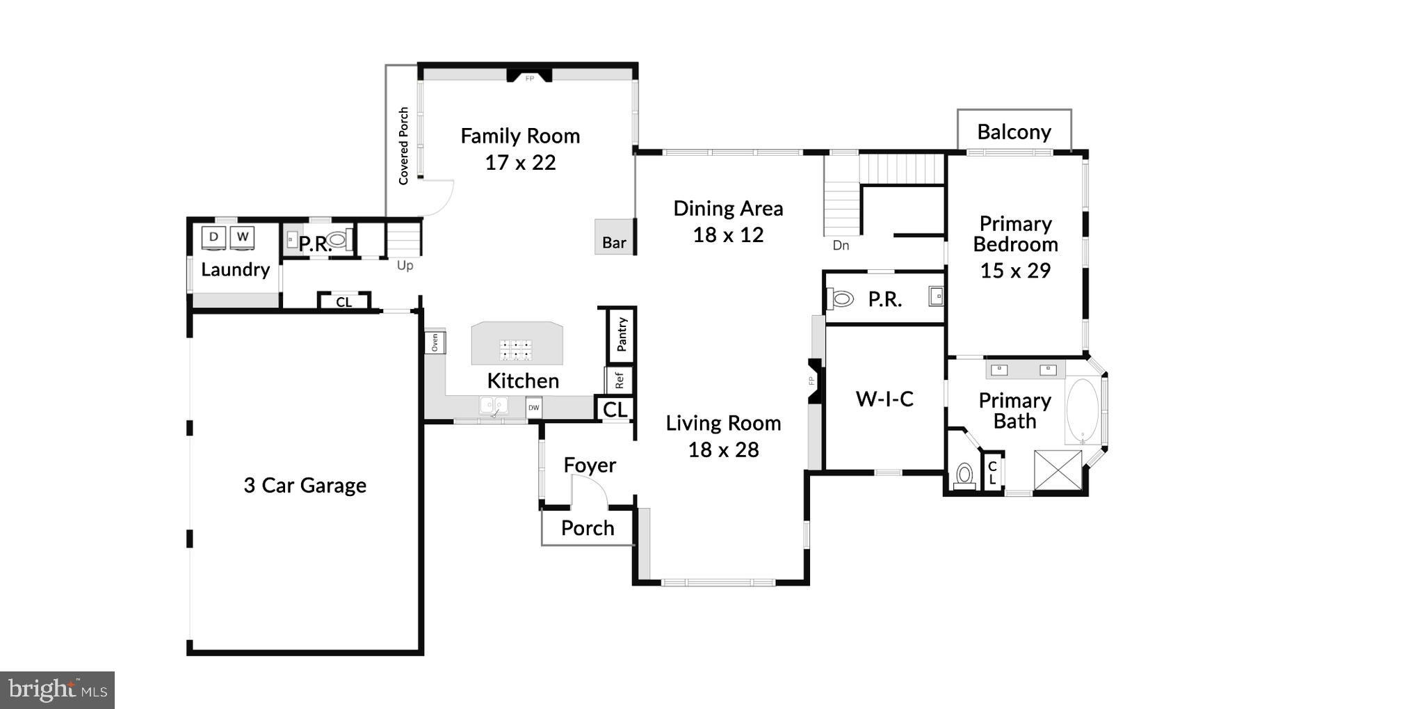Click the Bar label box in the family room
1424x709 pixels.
613,238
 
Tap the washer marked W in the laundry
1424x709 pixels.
242,237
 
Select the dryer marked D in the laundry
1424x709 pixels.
213,237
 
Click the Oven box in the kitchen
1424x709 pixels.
435,342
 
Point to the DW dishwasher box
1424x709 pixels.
533,408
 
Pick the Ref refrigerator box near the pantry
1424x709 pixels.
618,380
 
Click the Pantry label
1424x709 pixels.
622,335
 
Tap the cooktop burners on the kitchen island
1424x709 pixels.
516,350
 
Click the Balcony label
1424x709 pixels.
1014,132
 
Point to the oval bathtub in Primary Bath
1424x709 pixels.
1082,411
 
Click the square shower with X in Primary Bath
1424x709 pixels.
1058,471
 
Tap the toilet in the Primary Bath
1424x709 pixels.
964,475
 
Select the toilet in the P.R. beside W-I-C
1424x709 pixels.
841,299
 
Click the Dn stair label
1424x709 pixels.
841,245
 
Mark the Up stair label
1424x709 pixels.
405,265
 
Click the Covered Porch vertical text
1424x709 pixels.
403,146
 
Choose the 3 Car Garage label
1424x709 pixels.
305,485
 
